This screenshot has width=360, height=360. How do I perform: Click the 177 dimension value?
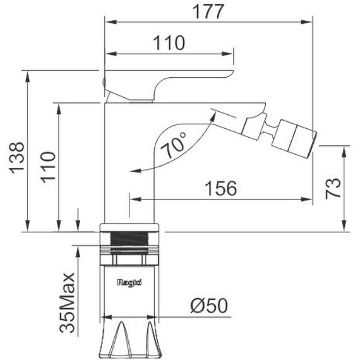[208, 11]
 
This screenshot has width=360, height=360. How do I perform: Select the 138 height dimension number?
[16, 158]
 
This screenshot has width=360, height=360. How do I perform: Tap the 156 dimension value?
[220, 188]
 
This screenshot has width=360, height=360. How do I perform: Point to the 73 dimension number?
[333, 188]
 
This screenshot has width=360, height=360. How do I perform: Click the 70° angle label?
[174, 145]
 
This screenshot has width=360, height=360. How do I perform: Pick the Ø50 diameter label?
[209, 306]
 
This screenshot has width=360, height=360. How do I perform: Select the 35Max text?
[67, 303]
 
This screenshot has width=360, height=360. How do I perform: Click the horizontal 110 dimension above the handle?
[169, 43]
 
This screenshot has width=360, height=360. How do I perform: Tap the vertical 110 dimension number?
[48, 167]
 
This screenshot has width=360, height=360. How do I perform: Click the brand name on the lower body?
[129, 282]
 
